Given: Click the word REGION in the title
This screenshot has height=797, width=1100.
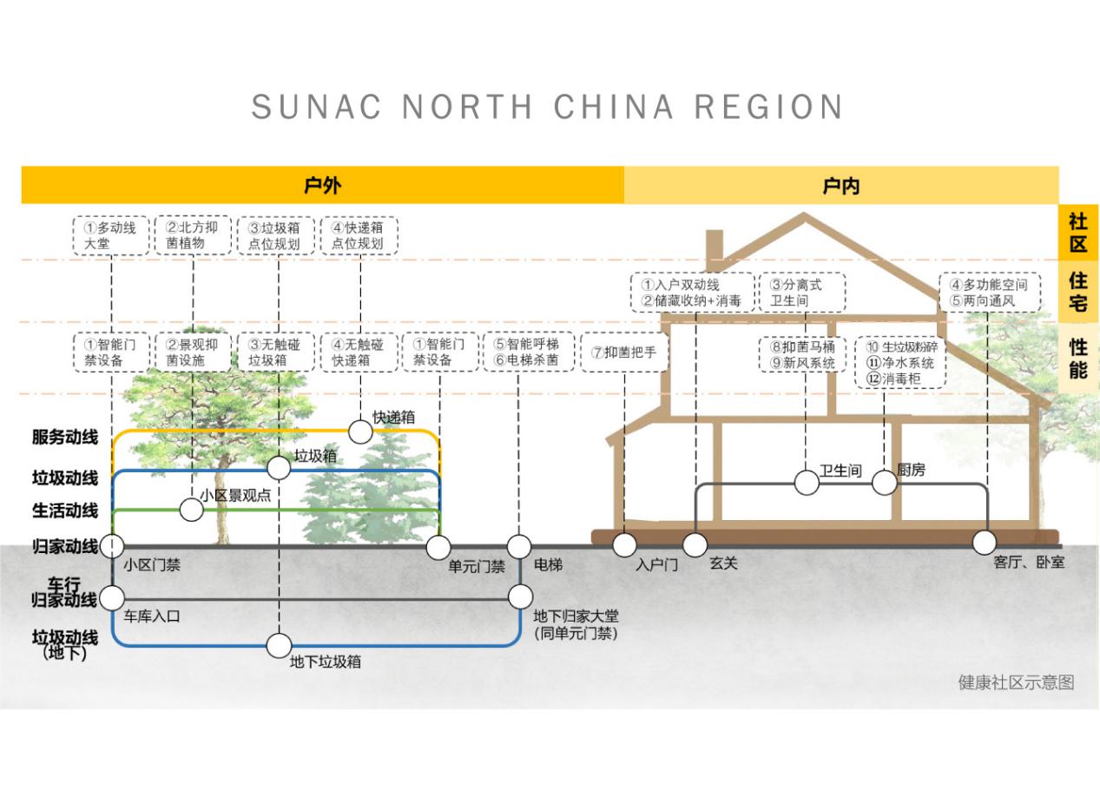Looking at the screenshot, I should point(768,108).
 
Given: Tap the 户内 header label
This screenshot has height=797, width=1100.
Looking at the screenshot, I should point(840,185).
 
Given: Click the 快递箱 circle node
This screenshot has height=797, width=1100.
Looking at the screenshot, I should point(360,431).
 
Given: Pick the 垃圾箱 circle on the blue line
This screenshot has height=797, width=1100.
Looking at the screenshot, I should point(279,468).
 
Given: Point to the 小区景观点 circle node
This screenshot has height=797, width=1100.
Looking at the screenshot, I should point(191,510).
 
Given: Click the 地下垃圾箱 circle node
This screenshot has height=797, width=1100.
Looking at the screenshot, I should point(279,646).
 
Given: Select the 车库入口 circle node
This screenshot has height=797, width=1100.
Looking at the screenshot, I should point(112,598).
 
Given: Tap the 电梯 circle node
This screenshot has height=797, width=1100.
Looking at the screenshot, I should point(519,546).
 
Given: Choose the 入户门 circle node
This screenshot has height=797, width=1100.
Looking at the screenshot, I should point(624,545).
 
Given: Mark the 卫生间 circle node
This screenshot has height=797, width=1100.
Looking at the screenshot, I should point(807,483).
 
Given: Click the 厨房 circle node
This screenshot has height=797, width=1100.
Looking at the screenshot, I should point(884,483).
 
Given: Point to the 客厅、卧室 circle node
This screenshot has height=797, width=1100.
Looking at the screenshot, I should point(984,543).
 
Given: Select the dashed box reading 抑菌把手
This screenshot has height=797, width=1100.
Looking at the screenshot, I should point(623,352).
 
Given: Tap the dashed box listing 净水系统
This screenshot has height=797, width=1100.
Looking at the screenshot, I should point(900,363).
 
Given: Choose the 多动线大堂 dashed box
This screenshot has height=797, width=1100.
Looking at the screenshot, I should point(111,235).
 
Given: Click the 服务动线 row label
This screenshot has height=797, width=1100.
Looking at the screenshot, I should point(65,438).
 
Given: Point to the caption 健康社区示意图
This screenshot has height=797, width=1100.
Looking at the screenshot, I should point(1016,682).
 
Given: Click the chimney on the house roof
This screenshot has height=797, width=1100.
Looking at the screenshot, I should point(715,247).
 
